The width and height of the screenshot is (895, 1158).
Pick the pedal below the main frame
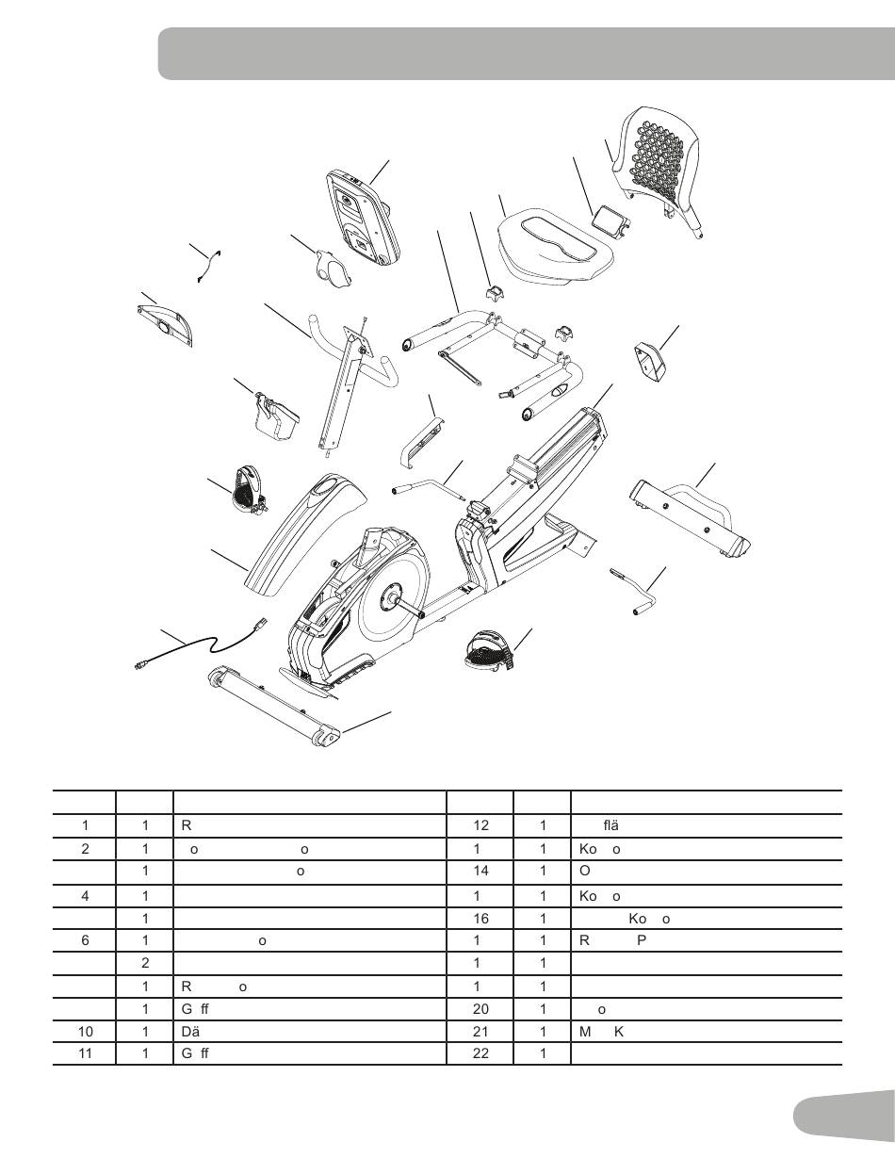[489, 651]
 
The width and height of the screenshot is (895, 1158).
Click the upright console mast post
[343, 386]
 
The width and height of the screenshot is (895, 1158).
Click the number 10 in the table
[85, 1030]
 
